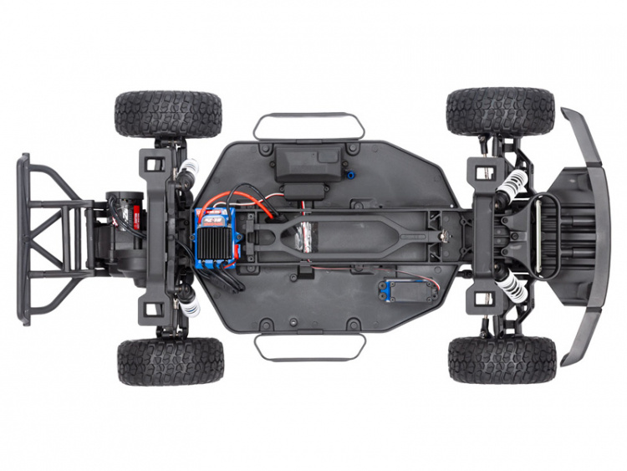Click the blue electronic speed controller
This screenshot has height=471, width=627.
point(217,238)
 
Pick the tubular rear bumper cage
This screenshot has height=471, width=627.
point(50,238)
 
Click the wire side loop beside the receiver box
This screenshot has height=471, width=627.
point(309,125)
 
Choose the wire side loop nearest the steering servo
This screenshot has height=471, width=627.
point(309,348)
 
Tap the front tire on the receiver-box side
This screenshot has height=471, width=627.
point(500,111)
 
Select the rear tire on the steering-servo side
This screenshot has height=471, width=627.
point(171,361)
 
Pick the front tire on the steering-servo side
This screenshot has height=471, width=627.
point(502,360)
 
